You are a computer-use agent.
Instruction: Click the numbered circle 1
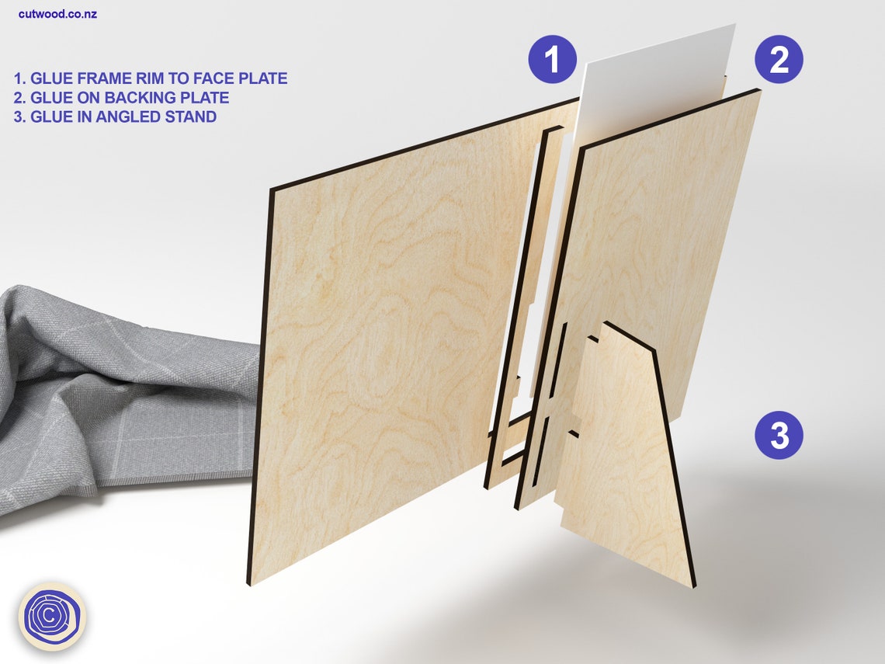(x=553, y=59)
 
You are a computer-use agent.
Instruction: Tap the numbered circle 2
(x=779, y=59)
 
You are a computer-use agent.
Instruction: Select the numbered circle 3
(x=779, y=436)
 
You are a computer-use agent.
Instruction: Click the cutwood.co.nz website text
(x=57, y=14)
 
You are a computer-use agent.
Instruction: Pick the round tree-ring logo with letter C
(x=52, y=616)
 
